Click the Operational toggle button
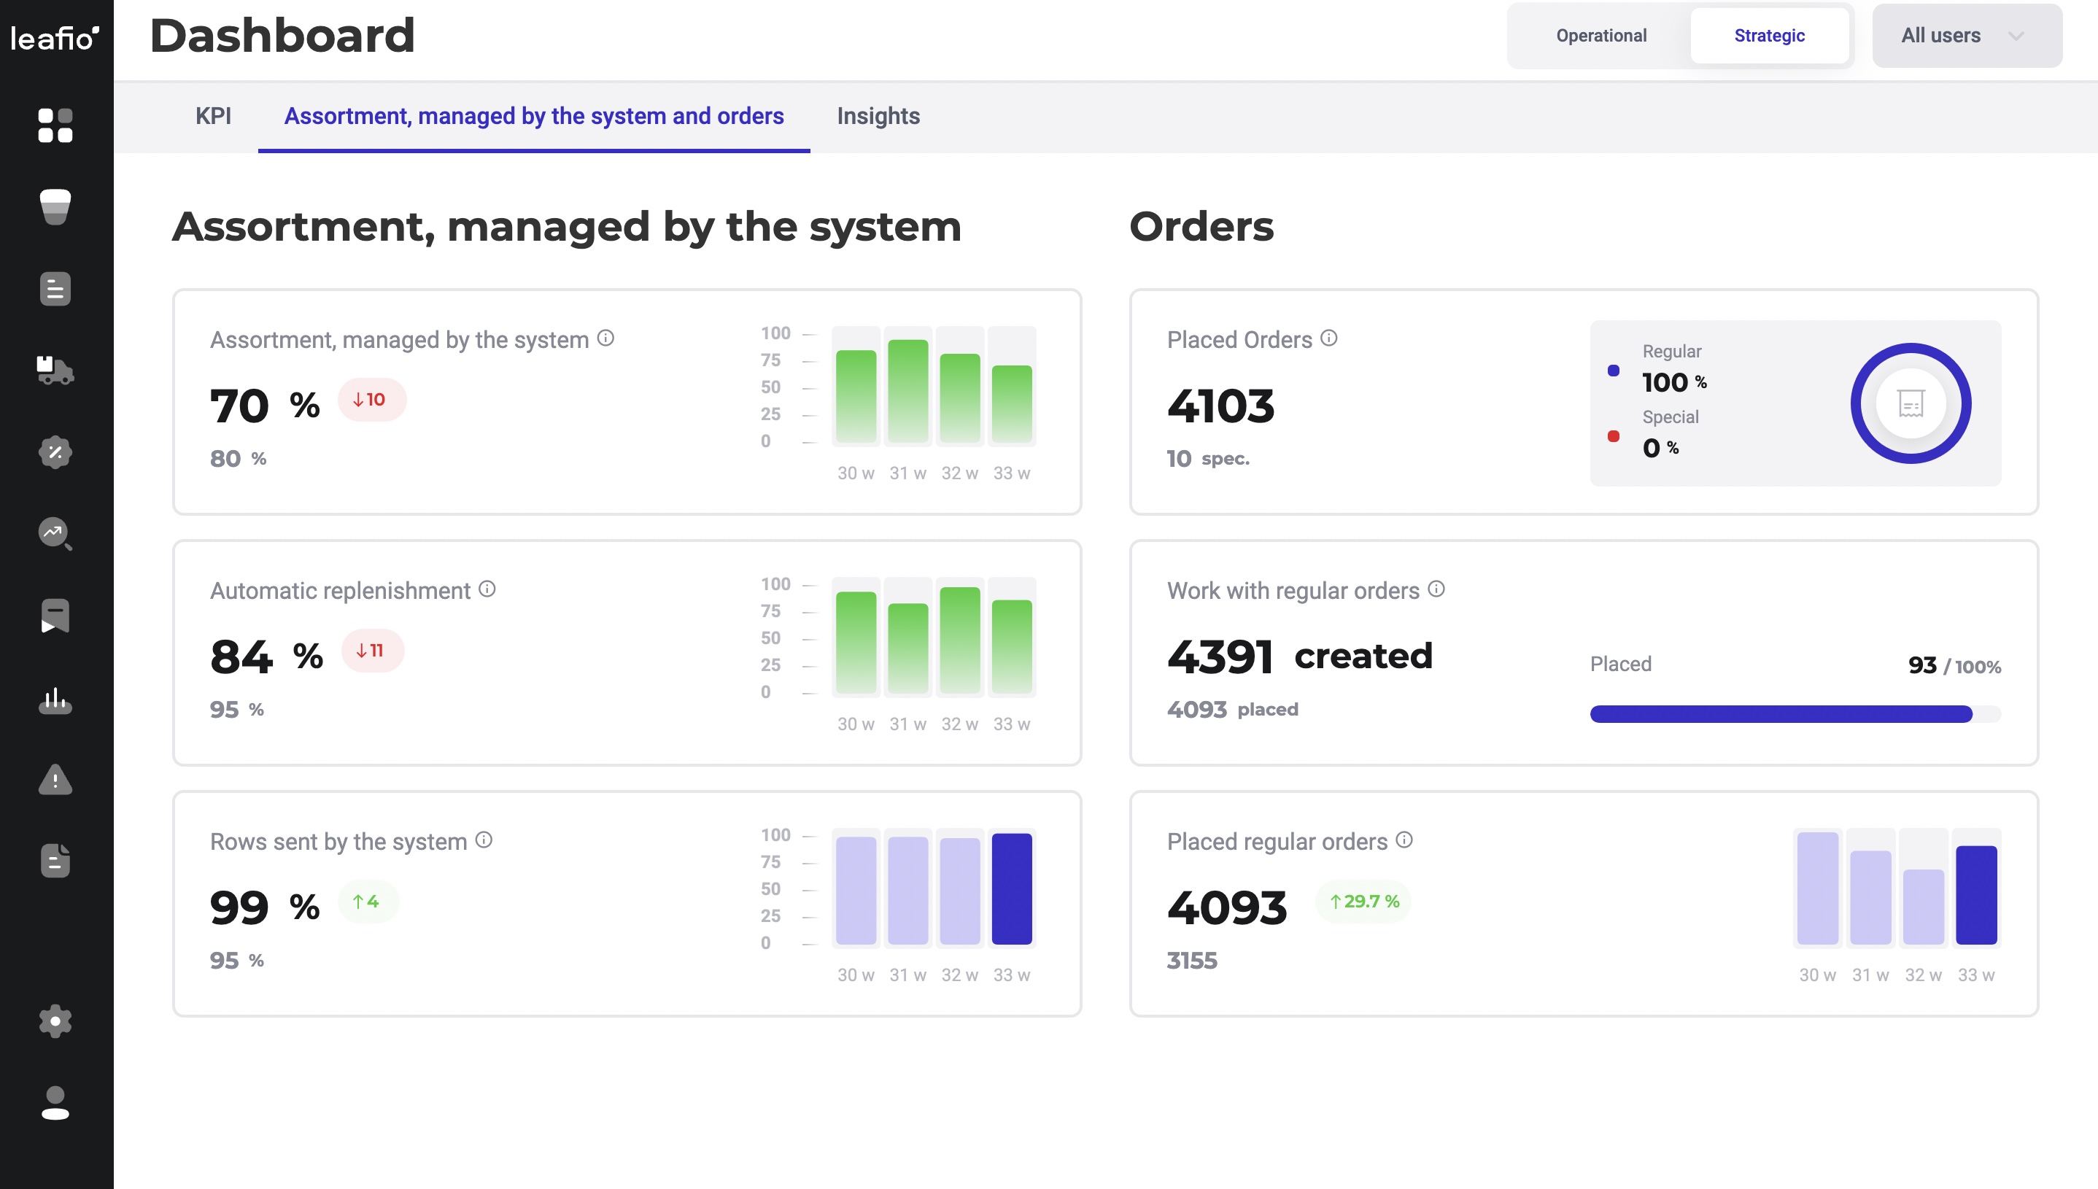pyautogui.click(x=1600, y=36)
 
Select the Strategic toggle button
pyautogui.click(x=1769, y=36)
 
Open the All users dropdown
pyautogui.click(x=1966, y=36)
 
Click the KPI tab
pyautogui.click(x=213, y=116)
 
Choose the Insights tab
pyautogui.click(x=878, y=116)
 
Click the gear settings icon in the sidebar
pyautogui.click(x=55, y=1020)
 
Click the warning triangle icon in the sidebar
pyautogui.click(x=55, y=780)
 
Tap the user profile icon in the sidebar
pyautogui.click(x=55, y=1102)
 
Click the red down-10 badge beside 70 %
pyautogui.click(x=371, y=399)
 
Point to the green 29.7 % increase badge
pyautogui.click(x=1363, y=902)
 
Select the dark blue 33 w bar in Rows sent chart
pyautogui.click(x=1011, y=888)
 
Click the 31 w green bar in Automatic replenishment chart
pyautogui.click(x=907, y=648)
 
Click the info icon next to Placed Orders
pyautogui.click(x=1328, y=338)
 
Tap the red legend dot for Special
pyautogui.click(x=1613, y=436)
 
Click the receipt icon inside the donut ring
pyautogui.click(x=1911, y=403)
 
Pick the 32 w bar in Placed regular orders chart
pyautogui.click(x=1922, y=907)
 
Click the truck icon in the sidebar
pyautogui.click(x=55, y=370)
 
